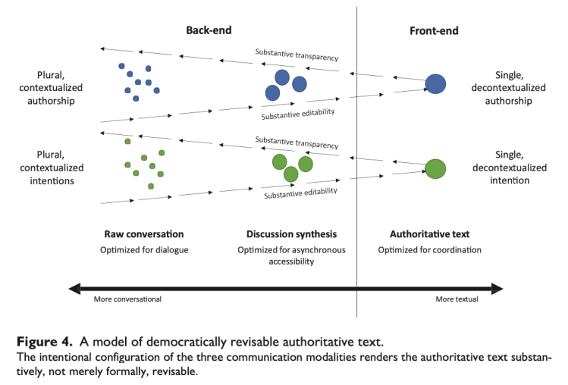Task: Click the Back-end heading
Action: pyautogui.click(x=209, y=31)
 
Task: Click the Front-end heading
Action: pyautogui.click(x=434, y=31)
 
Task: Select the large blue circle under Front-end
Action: pyautogui.click(x=435, y=83)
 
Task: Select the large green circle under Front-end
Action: pyautogui.click(x=435, y=168)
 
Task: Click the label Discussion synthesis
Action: pyautogui.click(x=291, y=234)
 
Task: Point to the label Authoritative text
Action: pyautogui.click(x=424, y=234)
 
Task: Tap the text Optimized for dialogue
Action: pyautogui.click(x=143, y=249)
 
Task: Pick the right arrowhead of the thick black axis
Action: pyautogui.click(x=497, y=287)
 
